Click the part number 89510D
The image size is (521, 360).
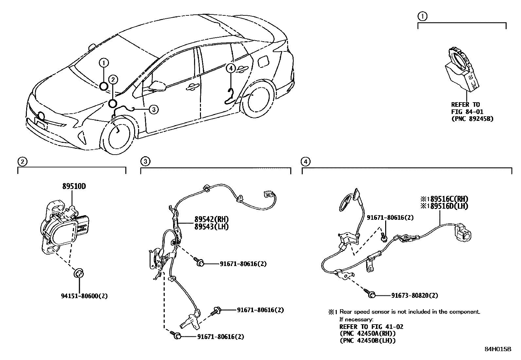click(x=74, y=186)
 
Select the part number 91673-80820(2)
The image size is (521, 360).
click(x=414, y=295)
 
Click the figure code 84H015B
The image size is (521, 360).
click(x=498, y=349)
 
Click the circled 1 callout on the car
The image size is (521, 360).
click(x=103, y=62)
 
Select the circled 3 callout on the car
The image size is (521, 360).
click(x=153, y=109)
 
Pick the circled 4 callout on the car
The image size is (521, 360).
click(x=231, y=68)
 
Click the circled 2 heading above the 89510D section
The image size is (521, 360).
click(x=22, y=161)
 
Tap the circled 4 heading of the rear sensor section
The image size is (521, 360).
click(x=305, y=161)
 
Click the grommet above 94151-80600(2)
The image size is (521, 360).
click(x=79, y=273)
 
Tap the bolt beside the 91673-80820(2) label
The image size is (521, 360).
click(x=370, y=294)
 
